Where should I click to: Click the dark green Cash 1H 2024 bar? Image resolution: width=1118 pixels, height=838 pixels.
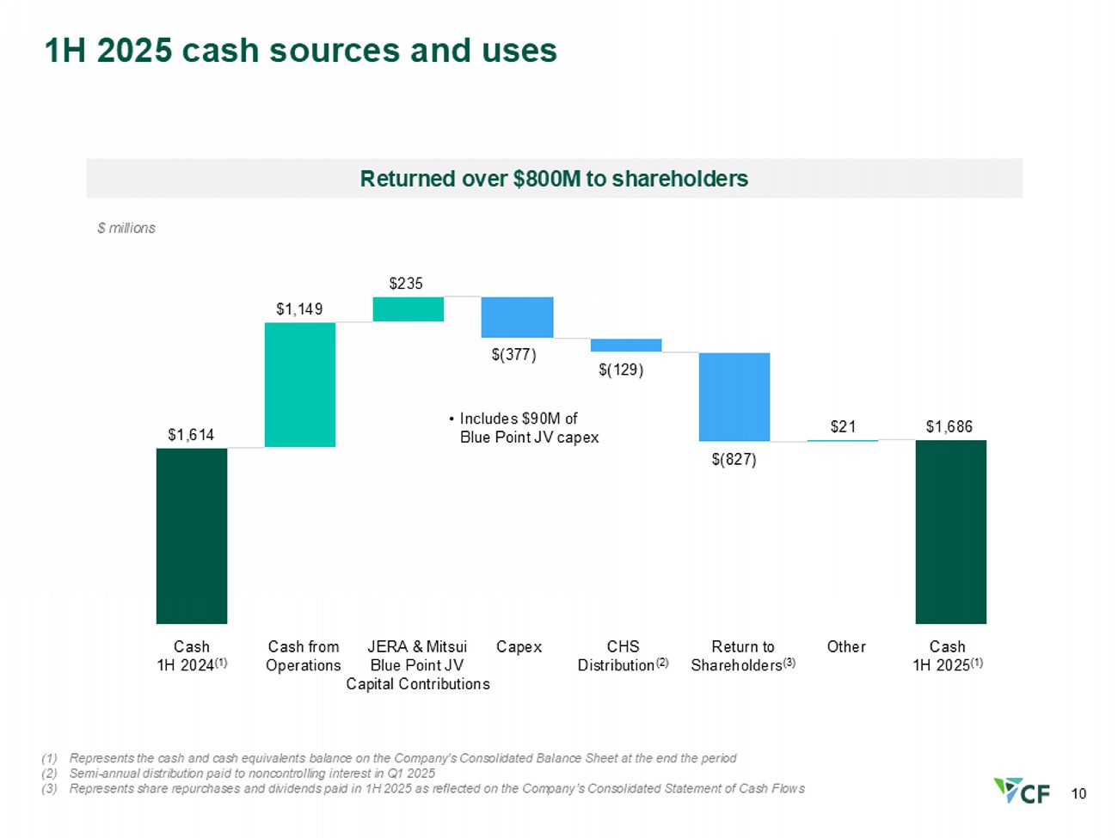click(192, 535)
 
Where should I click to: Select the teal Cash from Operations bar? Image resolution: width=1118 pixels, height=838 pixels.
click(300, 385)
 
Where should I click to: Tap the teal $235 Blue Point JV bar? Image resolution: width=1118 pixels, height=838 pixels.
click(408, 309)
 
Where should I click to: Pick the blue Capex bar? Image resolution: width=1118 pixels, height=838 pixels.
click(517, 317)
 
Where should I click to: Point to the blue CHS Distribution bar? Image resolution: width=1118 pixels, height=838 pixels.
click(626, 345)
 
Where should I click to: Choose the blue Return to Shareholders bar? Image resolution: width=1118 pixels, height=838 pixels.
click(734, 397)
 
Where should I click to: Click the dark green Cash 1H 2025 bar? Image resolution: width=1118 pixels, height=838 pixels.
click(951, 532)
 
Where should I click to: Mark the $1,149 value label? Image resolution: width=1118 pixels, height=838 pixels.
click(299, 309)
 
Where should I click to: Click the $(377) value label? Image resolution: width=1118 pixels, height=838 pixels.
click(514, 354)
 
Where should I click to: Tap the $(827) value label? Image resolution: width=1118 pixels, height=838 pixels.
click(734, 460)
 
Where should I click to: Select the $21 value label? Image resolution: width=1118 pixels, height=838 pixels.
click(843, 426)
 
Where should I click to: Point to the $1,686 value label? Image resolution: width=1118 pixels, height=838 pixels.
click(949, 426)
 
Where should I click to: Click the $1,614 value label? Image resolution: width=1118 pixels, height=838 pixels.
click(191, 435)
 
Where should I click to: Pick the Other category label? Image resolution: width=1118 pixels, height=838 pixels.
click(846, 646)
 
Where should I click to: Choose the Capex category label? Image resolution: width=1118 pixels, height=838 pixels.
click(519, 647)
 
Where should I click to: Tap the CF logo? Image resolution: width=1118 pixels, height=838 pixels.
click(1022, 791)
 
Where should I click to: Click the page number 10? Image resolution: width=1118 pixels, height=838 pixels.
click(1078, 793)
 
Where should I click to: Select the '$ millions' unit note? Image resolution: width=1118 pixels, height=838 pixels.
click(126, 228)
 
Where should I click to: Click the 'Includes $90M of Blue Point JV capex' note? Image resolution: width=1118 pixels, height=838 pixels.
click(525, 428)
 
